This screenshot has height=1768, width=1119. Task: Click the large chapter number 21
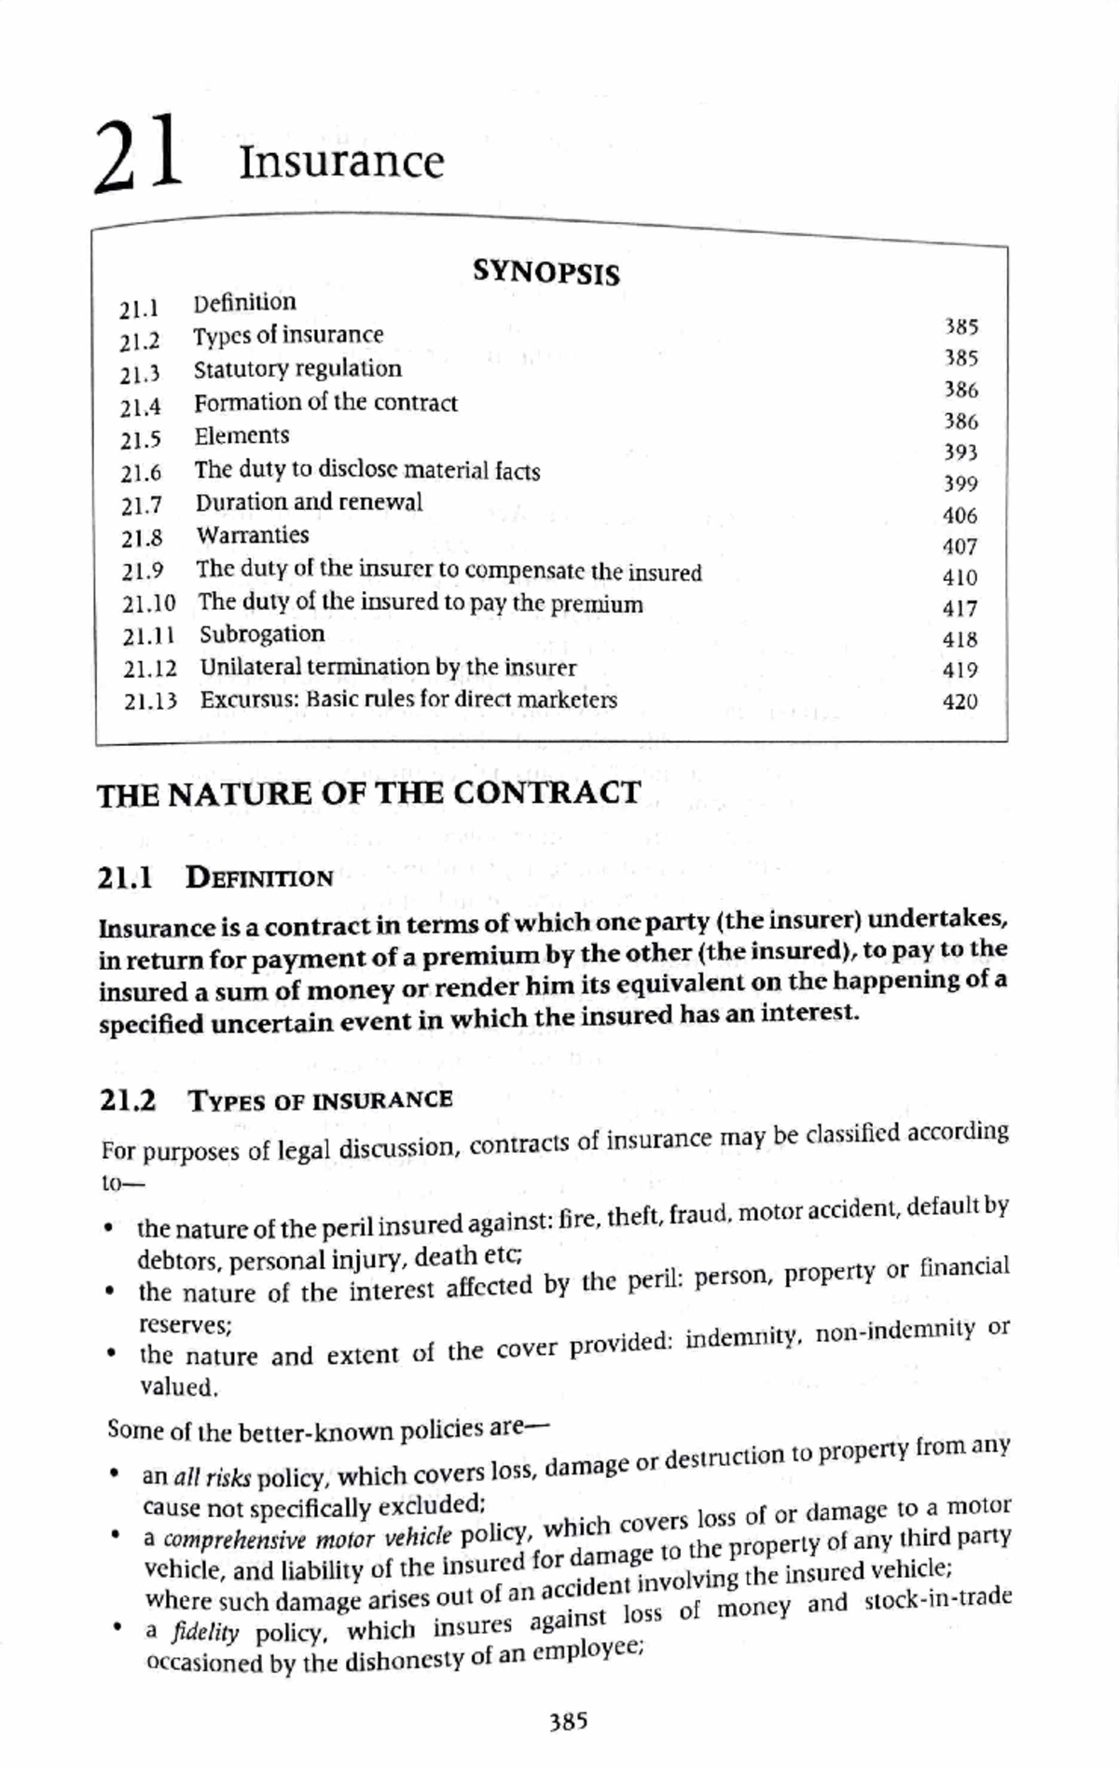tap(137, 154)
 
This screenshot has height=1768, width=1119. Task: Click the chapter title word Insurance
tap(341, 162)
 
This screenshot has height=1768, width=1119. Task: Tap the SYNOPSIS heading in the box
tap(546, 272)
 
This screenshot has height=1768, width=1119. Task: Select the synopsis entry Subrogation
tap(262, 634)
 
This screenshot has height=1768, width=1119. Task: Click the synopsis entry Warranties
tap(252, 535)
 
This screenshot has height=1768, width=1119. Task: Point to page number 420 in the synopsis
tap(960, 701)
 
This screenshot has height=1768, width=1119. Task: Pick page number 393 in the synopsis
tap(960, 452)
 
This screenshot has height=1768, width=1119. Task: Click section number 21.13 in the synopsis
tap(150, 701)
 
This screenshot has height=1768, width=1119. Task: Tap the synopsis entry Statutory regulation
tap(297, 369)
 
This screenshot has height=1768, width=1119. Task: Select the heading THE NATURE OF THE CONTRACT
tap(369, 794)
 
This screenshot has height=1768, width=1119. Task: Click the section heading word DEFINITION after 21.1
tap(259, 877)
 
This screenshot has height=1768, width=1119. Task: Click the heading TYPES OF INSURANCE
tap(321, 1100)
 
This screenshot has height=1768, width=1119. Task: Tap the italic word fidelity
tap(205, 1633)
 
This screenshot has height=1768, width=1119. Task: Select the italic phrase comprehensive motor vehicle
tap(307, 1538)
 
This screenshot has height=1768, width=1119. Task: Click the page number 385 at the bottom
tap(569, 1721)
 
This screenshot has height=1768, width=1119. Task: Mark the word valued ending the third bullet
tap(178, 1387)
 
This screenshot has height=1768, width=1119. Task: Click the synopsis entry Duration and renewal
tap(309, 503)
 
